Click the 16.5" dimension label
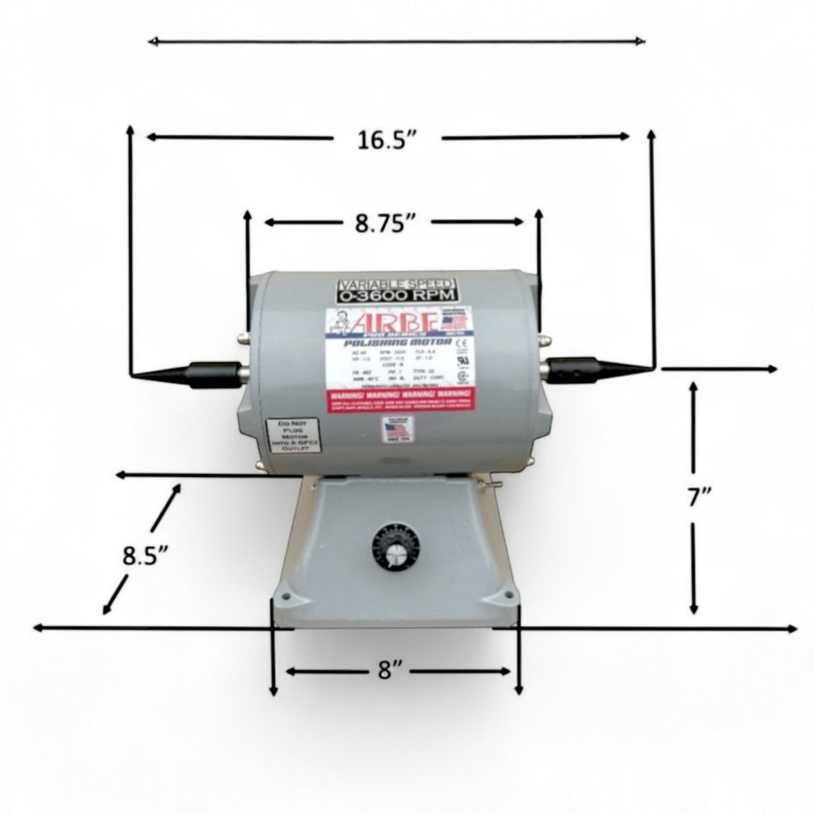click(x=386, y=140)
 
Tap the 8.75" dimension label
click(x=385, y=224)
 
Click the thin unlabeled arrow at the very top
click(x=396, y=42)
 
